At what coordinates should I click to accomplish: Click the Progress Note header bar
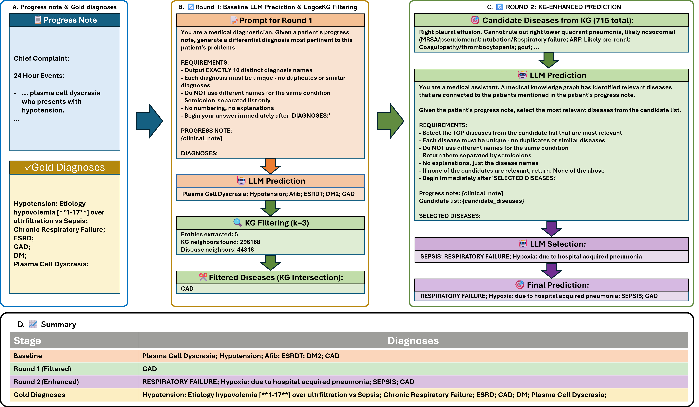(65, 20)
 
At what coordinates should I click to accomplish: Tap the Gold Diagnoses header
(65, 167)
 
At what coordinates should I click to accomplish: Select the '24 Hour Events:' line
(39, 76)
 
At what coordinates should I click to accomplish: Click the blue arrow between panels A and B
(149, 121)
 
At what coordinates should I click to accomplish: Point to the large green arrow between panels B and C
(390, 121)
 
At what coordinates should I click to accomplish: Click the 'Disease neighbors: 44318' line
(217, 249)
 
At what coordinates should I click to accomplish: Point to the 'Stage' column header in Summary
(28, 340)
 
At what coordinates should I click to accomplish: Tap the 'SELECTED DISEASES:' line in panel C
(449, 216)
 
